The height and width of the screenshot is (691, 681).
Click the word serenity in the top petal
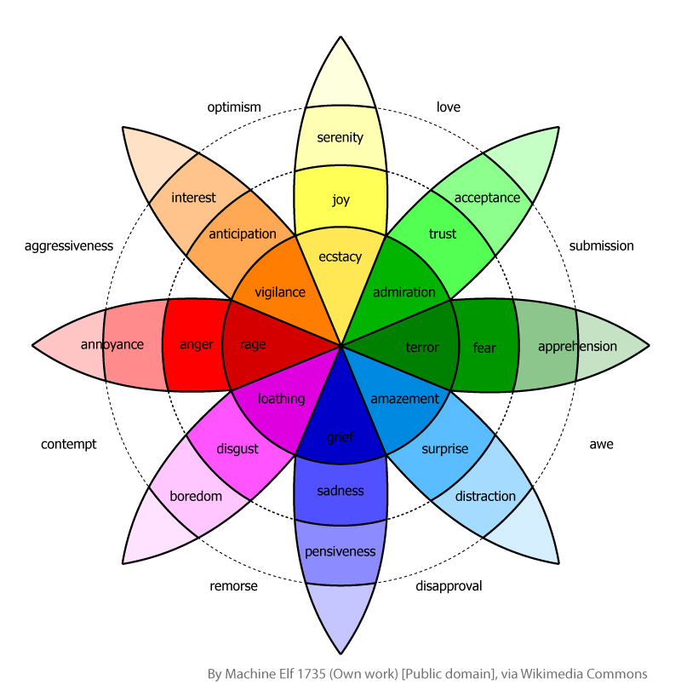point(340,137)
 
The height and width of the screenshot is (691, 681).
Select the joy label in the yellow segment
point(340,201)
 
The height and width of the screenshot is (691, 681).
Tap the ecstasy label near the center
point(340,256)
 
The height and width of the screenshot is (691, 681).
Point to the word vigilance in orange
point(280,292)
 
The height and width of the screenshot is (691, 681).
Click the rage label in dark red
point(253,344)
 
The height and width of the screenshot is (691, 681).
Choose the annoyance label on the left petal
point(112,345)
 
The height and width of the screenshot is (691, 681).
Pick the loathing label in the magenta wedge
point(281,398)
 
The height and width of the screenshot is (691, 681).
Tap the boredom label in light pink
point(196,496)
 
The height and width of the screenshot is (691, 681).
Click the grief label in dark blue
point(340,438)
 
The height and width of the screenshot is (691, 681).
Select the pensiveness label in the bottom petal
point(340,551)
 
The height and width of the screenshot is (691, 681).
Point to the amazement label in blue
point(404,398)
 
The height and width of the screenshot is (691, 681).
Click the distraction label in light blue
point(485,496)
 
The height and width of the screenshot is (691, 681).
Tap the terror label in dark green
point(422,347)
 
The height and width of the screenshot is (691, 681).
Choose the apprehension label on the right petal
point(577,346)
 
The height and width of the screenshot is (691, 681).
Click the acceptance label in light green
point(487,198)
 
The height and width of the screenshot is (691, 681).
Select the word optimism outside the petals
point(234,107)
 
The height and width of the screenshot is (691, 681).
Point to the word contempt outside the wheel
point(69,444)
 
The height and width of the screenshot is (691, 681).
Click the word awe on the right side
point(601,444)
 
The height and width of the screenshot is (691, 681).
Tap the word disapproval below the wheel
point(449,585)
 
